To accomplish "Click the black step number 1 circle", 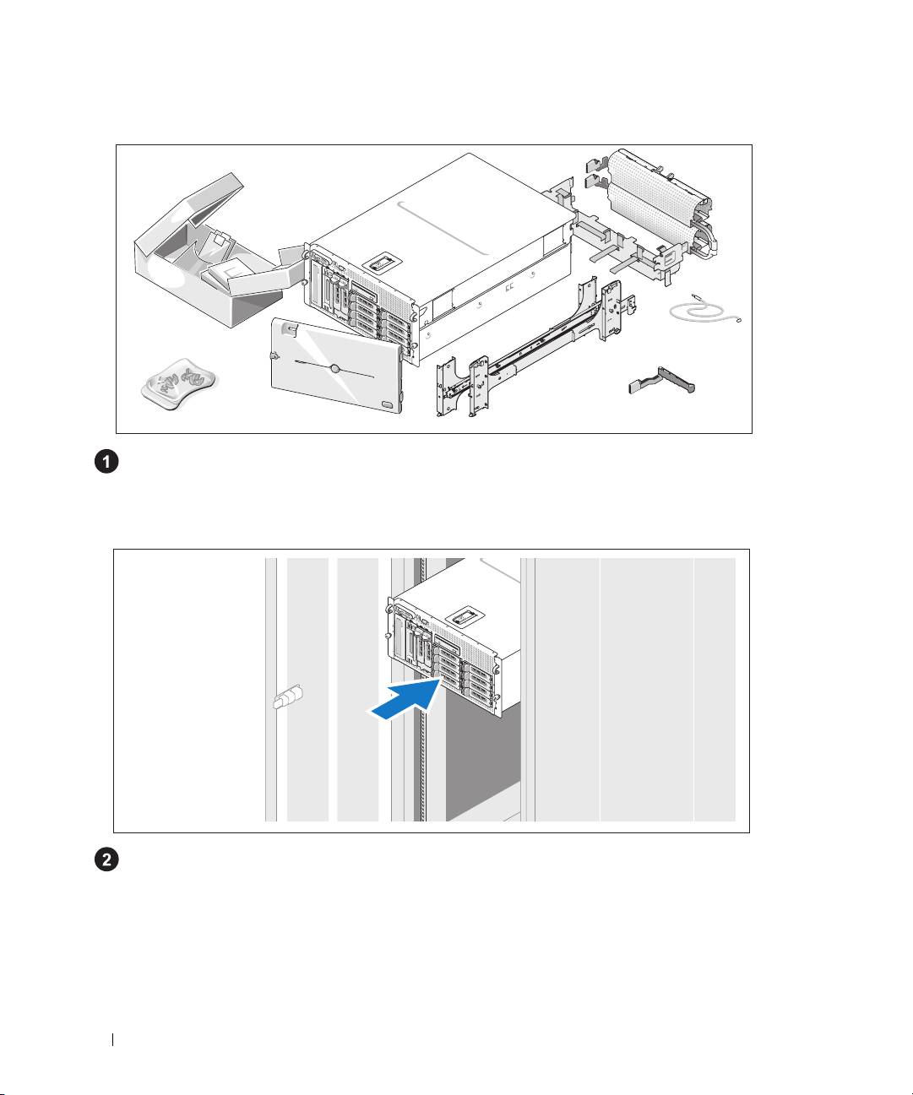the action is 106,462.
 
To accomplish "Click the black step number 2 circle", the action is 106,860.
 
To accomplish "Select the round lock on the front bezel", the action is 334,369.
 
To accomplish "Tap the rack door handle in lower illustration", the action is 288,697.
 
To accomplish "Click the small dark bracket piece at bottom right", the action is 662,381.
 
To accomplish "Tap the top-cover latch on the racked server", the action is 465,616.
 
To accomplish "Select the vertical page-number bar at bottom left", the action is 113,1039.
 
